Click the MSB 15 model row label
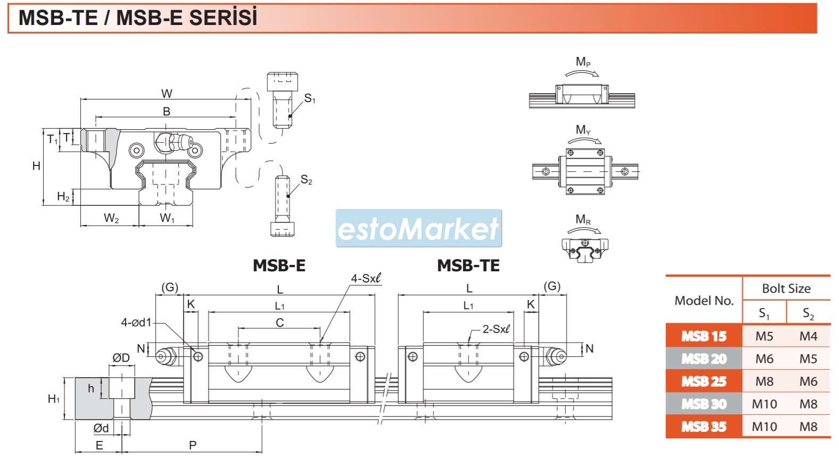(x=704, y=336)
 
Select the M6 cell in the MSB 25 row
(x=808, y=381)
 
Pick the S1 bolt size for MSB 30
(x=764, y=404)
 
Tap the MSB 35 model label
(x=704, y=426)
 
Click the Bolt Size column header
(x=786, y=288)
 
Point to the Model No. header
(x=704, y=301)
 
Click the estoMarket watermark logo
(x=418, y=228)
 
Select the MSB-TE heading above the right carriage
(x=468, y=265)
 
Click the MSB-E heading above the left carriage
(x=279, y=265)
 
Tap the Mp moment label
(x=583, y=61)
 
